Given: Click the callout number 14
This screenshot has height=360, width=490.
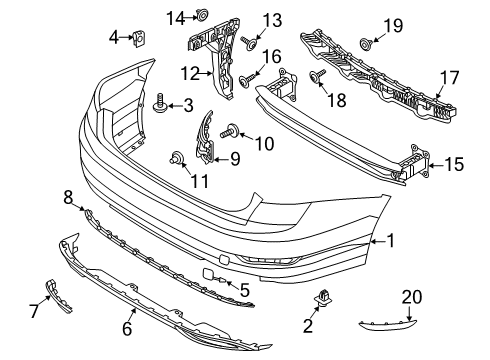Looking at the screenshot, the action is [x=176, y=18].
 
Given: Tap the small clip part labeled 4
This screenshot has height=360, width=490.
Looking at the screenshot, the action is [x=139, y=38].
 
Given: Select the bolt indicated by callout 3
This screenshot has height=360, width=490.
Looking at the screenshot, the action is [x=160, y=104].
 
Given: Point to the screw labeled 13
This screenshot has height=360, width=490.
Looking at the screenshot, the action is [x=249, y=43].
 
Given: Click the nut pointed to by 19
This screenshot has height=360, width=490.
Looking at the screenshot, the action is [x=366, y=44].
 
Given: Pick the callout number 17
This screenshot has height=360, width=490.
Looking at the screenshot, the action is [x=449, y=78].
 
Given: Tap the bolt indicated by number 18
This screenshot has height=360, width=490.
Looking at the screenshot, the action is [x=317, y=76].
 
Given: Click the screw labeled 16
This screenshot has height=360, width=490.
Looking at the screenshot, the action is [x=246, y=81].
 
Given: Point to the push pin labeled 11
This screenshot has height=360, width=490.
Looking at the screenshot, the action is [x=176, y=157].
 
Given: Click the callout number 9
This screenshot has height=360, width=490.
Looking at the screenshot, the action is [x=235, y=159].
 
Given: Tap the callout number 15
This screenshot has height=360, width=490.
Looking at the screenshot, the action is [x=454, y=164].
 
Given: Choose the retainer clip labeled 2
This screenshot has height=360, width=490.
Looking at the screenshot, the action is [x=322, y=297].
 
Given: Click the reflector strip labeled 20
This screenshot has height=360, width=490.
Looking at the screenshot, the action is [x=388, y=325].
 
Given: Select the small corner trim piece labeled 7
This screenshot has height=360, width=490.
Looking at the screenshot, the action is [x=58, y=296].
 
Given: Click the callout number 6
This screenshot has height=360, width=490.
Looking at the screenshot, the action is [x=127, y=329].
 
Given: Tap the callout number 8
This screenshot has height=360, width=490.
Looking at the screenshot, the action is [x=68, y=197].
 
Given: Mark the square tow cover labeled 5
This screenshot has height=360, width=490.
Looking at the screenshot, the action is [x=209, y=273].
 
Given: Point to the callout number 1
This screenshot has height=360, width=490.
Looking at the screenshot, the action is [x=390, y=241].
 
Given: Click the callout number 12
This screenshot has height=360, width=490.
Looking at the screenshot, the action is [x=190, y=74].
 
